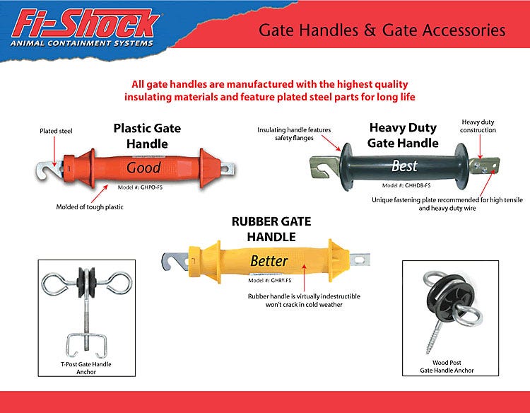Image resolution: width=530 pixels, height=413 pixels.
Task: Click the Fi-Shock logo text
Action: [x=86, y=23]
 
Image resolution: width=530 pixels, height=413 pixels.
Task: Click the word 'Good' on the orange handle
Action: [x=143, y=168]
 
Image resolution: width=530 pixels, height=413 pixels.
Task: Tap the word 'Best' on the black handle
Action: [x=405, y=165]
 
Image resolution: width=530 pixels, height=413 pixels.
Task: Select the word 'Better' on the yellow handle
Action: [x=269, y=261]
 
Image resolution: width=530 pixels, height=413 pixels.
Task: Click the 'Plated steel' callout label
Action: [x=56, y=131]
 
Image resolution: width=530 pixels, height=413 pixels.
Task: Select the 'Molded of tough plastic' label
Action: [x=90, y=206]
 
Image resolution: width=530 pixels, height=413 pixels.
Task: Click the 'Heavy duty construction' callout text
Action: [x=478, y=126]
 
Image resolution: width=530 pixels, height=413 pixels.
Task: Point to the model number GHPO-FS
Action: [x=141, y=187]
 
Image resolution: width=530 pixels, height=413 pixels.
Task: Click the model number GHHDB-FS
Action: [x=406, y=185]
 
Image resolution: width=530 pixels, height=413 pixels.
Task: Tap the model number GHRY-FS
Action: [x=270, y=281]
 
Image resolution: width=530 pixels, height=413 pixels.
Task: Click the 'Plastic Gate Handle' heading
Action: [x=147, y=136]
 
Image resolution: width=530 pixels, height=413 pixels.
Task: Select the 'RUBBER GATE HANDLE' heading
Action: [x=271, y=229]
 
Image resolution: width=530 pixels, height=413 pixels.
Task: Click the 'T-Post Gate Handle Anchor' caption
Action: [x=86, y=368]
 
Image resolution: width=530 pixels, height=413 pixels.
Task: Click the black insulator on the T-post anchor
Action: [x=86, y=282]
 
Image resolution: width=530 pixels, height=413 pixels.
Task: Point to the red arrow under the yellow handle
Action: [x=304, y=277]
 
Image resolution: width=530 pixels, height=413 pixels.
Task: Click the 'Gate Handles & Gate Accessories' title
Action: [x=382, y=30]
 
